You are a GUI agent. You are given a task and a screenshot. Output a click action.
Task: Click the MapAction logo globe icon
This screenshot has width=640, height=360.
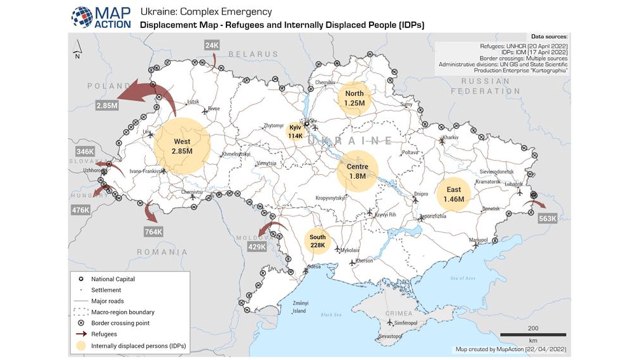(81, 17)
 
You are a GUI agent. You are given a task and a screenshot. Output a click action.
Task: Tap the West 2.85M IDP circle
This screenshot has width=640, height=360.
(182, 146)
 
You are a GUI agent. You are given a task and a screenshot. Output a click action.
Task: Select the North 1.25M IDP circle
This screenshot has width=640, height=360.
(354, 98)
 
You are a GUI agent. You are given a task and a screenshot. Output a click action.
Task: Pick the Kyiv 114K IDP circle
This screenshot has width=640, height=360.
(295, 131)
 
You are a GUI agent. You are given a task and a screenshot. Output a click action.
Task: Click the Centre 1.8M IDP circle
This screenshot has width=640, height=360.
(357, 171)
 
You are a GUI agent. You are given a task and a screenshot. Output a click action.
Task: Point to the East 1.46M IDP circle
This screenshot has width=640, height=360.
(454, 194)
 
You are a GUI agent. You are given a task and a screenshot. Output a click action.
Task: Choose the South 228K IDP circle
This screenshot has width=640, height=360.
(317, 241)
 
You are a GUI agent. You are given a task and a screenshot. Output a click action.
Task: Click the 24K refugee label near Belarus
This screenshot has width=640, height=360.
(212, 45)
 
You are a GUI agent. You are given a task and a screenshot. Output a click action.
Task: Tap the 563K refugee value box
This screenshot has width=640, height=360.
(547, 218)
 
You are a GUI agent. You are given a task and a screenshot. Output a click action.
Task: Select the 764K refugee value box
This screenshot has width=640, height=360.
(153, 232)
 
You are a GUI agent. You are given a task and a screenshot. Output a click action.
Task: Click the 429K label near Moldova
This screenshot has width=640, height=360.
(256, 246)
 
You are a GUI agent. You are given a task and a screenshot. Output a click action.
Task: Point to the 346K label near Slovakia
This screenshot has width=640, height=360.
(85, 151)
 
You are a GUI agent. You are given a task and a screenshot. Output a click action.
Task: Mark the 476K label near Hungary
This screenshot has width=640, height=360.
(81, 210)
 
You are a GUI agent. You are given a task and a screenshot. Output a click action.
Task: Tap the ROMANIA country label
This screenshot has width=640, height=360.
(163, 252)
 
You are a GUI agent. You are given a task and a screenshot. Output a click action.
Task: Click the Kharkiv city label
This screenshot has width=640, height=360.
(450, 137)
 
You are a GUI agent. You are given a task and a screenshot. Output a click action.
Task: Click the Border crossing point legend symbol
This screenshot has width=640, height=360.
(81, 323)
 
